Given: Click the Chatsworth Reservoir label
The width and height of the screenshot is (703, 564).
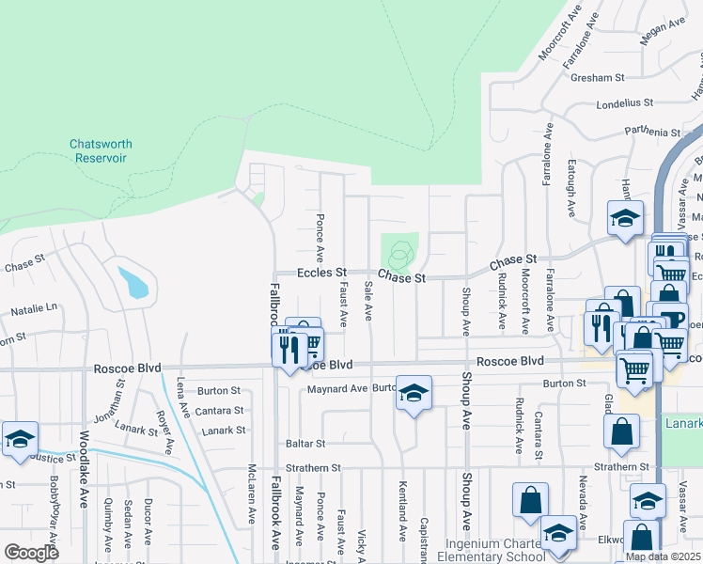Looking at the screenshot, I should pyautogui.click(x=101, y=151).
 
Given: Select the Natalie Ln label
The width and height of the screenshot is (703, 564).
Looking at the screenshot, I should pyautogui.click(x=34, y=307).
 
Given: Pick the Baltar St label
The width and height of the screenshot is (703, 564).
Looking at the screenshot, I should pyautogui.click(x=305, y=443).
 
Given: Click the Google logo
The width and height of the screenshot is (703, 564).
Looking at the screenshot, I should pyautogui.click(x=31, y=552).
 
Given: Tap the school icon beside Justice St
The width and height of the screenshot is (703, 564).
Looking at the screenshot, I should pyautogui.click(x=21, y=439).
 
